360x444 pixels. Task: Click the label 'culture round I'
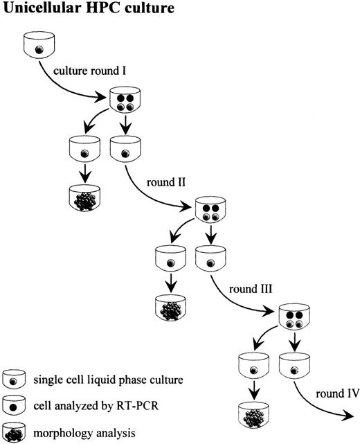pyautogui.click(x=87, y=70)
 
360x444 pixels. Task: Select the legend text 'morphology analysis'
pyautogui.click(x=78, y=432)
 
